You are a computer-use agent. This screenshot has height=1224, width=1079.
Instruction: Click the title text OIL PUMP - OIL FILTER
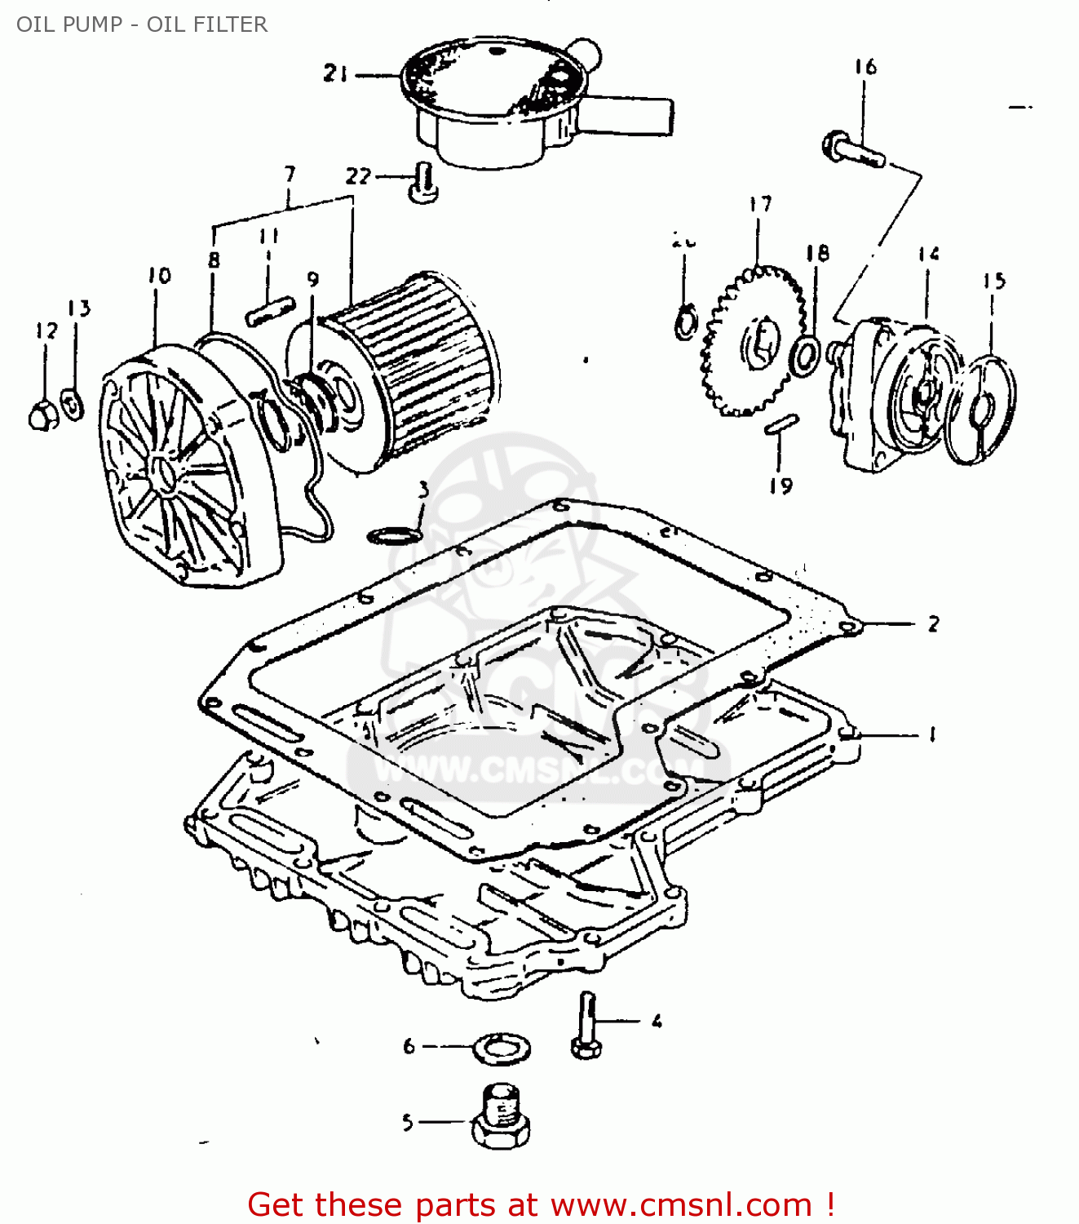(142, 24)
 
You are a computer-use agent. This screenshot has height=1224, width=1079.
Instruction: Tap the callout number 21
(335, 73)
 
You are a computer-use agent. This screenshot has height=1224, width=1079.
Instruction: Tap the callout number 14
(928, 255)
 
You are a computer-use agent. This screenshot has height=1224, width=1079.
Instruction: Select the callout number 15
(993, 282)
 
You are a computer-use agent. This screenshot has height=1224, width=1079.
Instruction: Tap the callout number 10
(160, 276)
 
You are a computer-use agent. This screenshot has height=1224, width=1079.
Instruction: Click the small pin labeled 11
(269, 310)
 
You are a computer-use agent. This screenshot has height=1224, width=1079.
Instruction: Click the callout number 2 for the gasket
(933, 624)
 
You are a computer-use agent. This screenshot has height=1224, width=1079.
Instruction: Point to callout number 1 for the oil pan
(932, 734)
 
